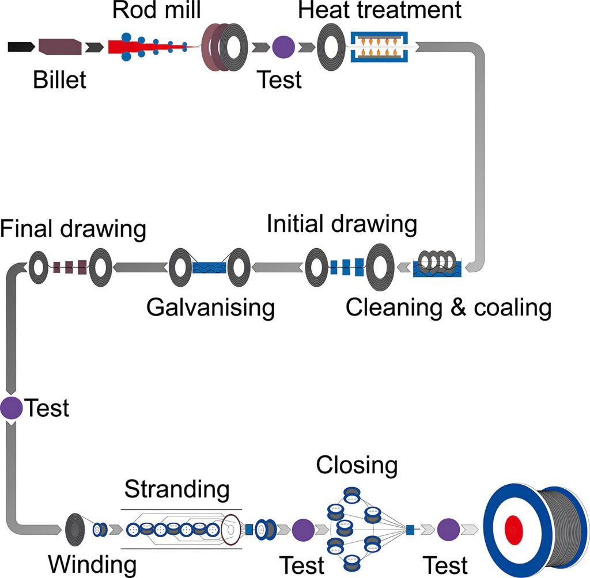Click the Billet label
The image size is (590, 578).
pyautogui.click(x=59, y=79)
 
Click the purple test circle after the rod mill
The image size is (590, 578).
pyautogui.click(x=283, y=47)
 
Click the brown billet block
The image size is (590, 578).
pyautogui.click(x=59, y=47)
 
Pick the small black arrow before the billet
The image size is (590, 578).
pyautogui.click(x=18, y=47)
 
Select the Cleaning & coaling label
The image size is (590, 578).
pyautogui.click(x=448, y=308)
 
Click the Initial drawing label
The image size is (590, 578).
pyautogui.click(x=342, y=225)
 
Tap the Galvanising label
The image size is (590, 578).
pyautogui.click(x=210, y=308)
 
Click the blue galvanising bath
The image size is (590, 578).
pyautogui.click(x=209, y=268)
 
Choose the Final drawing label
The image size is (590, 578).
pyautogui.click(x=73, y=229)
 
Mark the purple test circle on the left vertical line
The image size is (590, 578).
pyautogui.click(x=11, y=408)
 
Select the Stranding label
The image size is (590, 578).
pyautogui.click(x=177, y=490)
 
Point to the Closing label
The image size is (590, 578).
pyautogui.click(x=357, y=465)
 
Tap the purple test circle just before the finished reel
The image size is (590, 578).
pyautogui.click(x=448, y=528)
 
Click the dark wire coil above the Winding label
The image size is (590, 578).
pyautogui.click(x=75, y=528)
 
